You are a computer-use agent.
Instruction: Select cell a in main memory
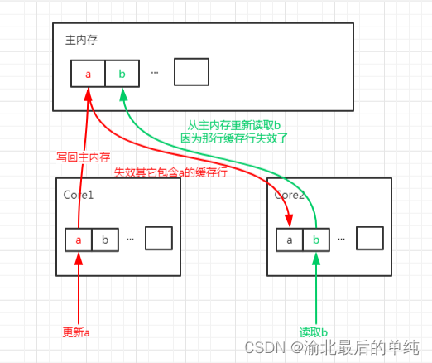pyautogui.click(x=88, y=73)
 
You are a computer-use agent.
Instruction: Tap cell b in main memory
pyautogui.click(x=122, y=73)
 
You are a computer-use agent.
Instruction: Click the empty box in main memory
pyautogui.click(x=190, y=72)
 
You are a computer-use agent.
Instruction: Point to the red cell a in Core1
pyautogui.click(x=79, y=239)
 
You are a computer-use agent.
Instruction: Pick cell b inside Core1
pyautogui.click(x=104, y=239)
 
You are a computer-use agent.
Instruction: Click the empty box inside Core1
pyautogui.click(x=158, y=238)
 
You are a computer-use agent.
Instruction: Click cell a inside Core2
pyautogui.click(x=289, y=240)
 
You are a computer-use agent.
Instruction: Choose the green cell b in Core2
pyautogui.click(x=315, y=240)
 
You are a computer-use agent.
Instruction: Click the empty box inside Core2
pyautogui.click(x=370, y=239)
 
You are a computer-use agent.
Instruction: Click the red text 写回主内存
pyautogui.click(x=84, y=157)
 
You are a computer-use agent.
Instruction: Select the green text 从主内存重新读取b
pyautogui.click(x=234, y=125)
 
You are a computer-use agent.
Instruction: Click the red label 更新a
pyautogui.click(x=75, y=332)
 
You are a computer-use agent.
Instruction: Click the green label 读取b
pyautogui.click(x=314, y=332)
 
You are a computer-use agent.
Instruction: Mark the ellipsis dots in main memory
pyautogui.click(x=155, y=72)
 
